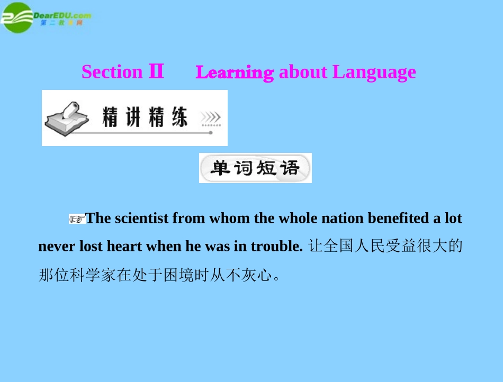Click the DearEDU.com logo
click(46, 17)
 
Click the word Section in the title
click(112, 72)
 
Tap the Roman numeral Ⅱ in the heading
click(156, 71)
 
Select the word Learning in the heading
click(235, 72)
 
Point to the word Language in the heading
click(374, 72)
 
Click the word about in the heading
click(303, 72)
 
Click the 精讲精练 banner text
click(145, 117)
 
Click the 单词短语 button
click(255, 168)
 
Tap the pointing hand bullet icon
click(77, 219)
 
